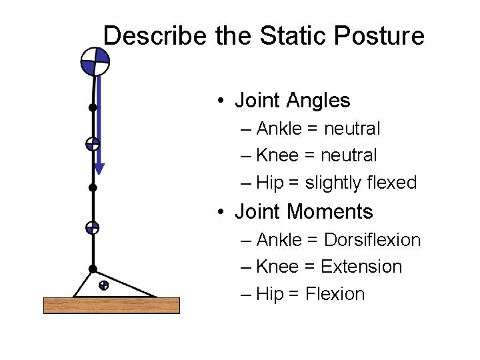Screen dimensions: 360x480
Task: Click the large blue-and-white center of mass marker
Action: [95, 62]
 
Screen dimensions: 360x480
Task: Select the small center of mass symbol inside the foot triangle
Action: [103, 286]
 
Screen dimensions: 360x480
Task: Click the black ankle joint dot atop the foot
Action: [93, 269]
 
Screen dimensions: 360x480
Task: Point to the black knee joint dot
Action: [93, 188]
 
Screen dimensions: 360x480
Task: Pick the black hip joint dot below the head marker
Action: [93, 107]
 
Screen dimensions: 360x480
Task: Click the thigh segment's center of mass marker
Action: [93, 143]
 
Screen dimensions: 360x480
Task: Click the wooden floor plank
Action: [111, 305]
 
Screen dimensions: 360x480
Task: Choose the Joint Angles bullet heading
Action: [291, 101]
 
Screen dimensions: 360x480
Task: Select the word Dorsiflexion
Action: [372, 239]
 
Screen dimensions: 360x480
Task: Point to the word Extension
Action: [361, 267]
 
